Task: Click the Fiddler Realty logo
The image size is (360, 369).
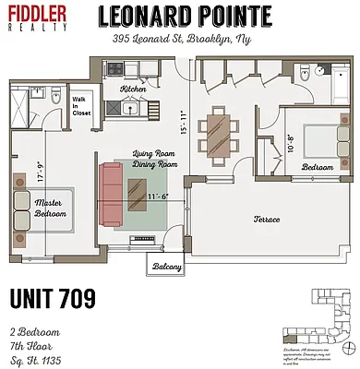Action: (x=39, y=18)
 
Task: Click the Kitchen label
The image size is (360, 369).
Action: (x=133, y=89)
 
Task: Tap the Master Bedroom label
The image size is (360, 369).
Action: (x=51, y=208)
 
